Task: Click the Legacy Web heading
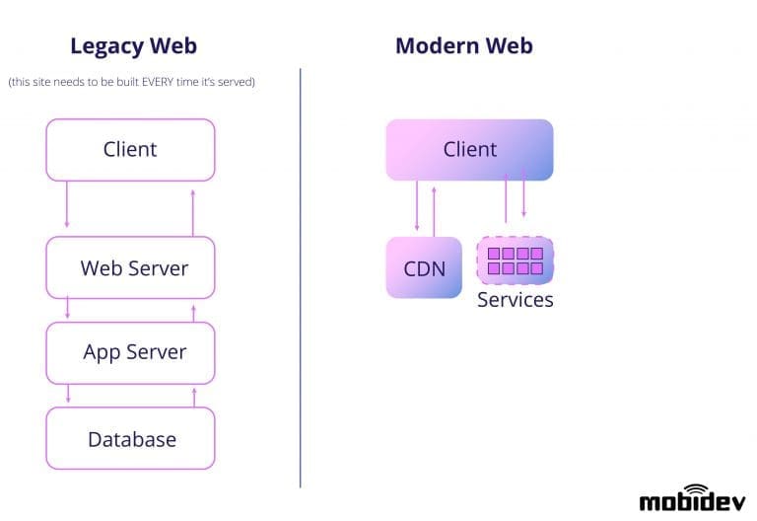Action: [133, 45]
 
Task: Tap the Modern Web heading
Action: [464, 45]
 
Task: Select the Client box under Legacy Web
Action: [130, 150]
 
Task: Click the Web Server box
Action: [130, 267]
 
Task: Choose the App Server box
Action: [130, 352]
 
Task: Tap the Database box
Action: [130, 438]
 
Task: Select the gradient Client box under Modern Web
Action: [469, 150]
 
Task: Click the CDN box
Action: [423, 267]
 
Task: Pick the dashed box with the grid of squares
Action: [516, 260]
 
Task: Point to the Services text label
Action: [516, 300]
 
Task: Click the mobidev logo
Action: [689, 498]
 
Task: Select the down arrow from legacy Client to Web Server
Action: [67, 205]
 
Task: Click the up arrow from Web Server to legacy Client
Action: [193, 211]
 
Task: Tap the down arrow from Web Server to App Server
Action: [67, 309]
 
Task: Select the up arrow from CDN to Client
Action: [434, 208]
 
